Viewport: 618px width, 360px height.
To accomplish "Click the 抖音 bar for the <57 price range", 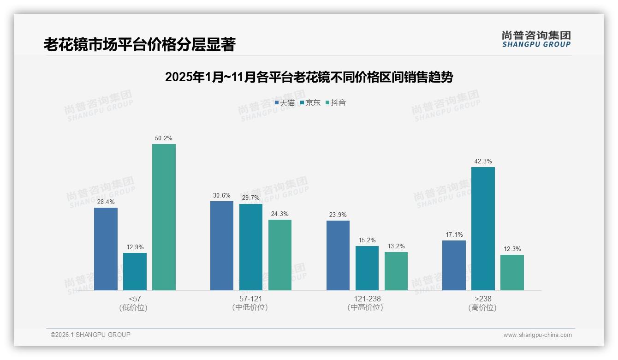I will [164, 217].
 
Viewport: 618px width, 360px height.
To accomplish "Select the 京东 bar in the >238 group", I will [483, 228].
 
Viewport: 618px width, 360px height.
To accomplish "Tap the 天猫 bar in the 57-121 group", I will [222, 246].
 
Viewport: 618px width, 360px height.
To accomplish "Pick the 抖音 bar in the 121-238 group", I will [396, 271].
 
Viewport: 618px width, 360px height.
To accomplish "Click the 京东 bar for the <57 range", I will [135, 271].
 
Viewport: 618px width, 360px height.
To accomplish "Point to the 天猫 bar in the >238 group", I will [454, 265].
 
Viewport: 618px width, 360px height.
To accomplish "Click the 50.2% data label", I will [164, 138].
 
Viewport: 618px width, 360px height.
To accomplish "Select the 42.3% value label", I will [483, 161].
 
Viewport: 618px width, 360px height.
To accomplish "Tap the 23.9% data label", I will [338, 215].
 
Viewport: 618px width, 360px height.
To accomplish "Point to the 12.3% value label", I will [512, 249].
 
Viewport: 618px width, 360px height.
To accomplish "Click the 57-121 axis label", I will [250, 299].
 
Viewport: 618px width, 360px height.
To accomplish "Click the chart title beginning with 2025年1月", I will [309, 77].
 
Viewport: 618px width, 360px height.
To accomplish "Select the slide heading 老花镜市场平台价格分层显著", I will [139, 45].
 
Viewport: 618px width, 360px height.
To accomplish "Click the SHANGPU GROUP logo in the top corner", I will [536, 39].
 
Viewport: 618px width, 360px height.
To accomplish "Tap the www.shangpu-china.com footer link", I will [537, 335].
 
